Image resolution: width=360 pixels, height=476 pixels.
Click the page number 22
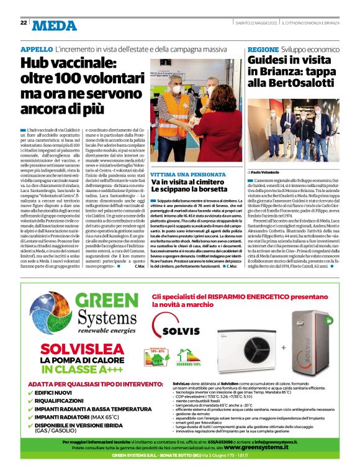pyautogui.click(x=23, y=23)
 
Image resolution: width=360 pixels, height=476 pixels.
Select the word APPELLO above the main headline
pyautogui.click(x=36, y=48)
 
